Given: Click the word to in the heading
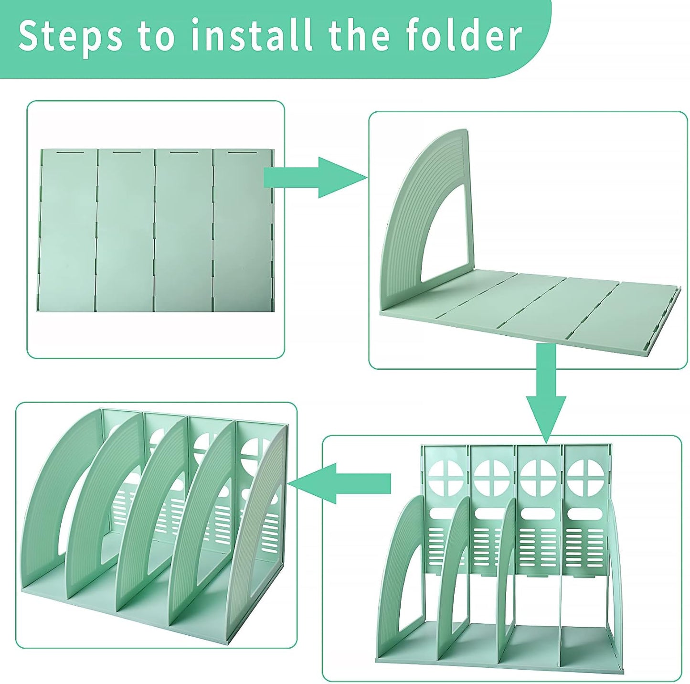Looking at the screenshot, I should coord(157,37).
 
